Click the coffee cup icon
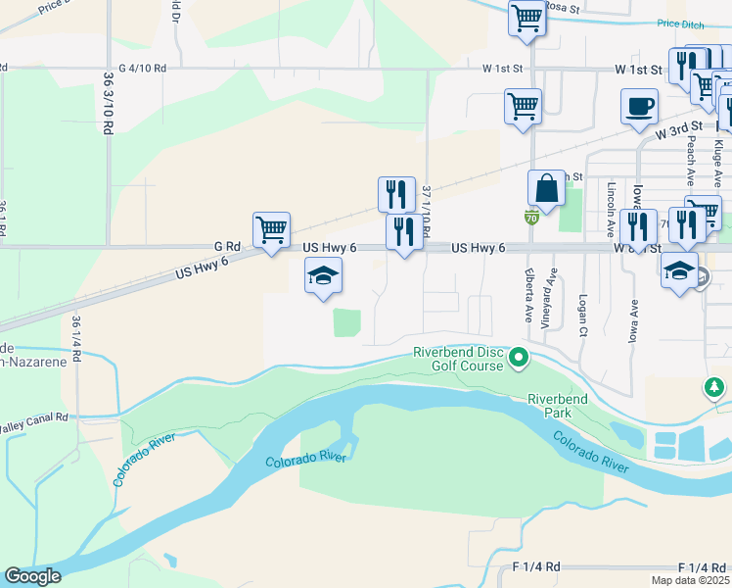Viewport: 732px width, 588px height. click(639, 106)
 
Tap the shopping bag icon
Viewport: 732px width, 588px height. click(546, 187)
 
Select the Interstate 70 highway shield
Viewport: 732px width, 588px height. click(530, 216)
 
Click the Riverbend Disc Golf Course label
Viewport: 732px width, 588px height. click(456, 359)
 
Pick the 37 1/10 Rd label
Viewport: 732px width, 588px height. click(426, 210)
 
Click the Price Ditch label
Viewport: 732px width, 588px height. click(681, 24)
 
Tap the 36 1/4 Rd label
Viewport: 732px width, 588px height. click(76, 339)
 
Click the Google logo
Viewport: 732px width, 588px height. click(33, 577)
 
